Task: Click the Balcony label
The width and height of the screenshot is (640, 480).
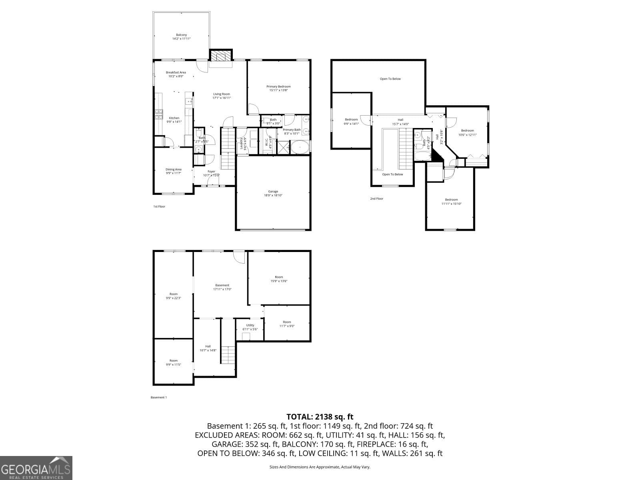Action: click(181, 35)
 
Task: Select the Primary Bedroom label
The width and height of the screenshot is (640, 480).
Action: click(278, 86)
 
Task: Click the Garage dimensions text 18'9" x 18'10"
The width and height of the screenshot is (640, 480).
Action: click(273, 195)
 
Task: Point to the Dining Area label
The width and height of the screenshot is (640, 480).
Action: click(173, 169)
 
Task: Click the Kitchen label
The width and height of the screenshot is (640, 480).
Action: click(174, 118)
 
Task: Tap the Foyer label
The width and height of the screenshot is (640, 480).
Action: click(211, 172)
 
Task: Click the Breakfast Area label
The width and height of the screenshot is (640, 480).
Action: click(176, 72)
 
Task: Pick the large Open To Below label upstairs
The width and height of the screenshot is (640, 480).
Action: click(390, 79)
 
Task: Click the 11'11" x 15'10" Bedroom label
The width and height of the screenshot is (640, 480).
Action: click(451, 200)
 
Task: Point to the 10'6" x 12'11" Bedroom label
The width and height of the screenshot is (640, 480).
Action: click(467, 131)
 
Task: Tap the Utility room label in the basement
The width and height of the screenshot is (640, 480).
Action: click(250, 325)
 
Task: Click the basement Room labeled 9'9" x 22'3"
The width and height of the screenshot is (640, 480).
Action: click(173, 294)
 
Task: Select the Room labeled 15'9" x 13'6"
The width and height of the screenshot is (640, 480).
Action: click(278, 277)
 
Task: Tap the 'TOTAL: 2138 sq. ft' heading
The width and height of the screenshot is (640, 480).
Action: click(320, 417)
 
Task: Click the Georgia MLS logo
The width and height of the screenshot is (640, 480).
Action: click(36, 468)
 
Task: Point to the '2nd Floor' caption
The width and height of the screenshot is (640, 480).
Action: click(376, 198)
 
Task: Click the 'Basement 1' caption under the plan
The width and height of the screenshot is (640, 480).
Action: click(158, 397)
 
